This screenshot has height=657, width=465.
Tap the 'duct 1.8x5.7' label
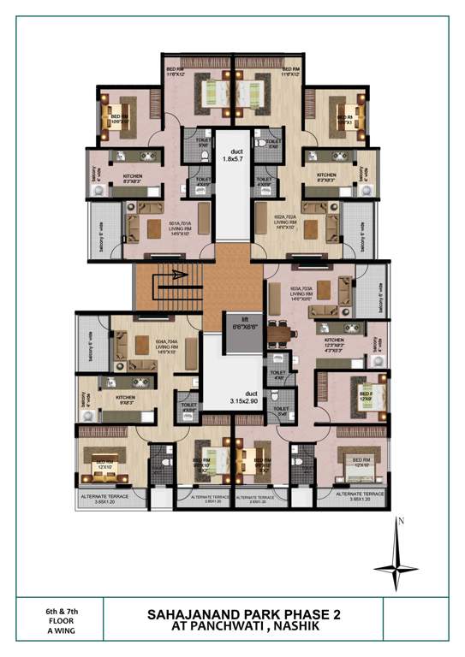pos(233,155)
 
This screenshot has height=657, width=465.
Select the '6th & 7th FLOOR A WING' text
pos(62,622)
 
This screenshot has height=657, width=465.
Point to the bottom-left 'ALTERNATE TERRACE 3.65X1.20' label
pos(102,498)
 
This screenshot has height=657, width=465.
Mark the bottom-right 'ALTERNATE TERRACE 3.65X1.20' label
pos(360,497)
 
